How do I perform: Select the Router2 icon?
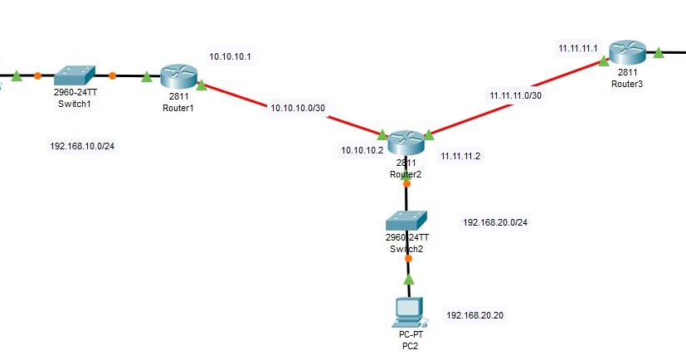click(406, 142)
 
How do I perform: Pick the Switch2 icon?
click(406, 220)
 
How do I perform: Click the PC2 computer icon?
click(408, 311)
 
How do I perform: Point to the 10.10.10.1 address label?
click(231, 56)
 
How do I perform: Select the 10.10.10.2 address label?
click(361, 151)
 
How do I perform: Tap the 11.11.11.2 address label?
click(461, 156)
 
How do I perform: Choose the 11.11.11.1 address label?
click(579, 49)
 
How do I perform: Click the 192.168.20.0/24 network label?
click(495, 222)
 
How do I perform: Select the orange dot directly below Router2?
click(406, 184)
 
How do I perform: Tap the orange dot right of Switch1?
click(112, 75)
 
